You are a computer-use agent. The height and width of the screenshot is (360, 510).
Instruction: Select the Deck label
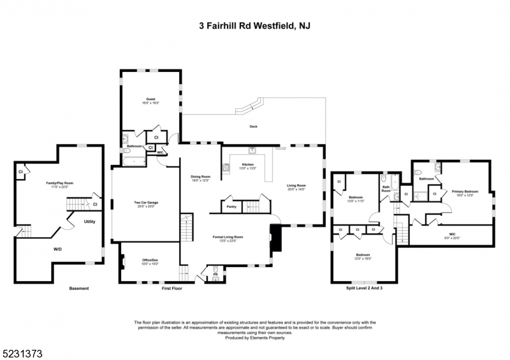[x=253, y=126]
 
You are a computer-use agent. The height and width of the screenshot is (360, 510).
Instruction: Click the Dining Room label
[x=201, y=178]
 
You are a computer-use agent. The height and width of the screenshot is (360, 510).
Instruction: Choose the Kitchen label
[x=247, y=166]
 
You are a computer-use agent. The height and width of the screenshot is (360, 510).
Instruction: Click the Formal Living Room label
[x=228, y=238]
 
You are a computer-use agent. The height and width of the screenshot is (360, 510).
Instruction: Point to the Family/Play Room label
[x=60, y=184]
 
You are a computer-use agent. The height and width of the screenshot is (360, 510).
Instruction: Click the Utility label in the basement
[x=89, y=222]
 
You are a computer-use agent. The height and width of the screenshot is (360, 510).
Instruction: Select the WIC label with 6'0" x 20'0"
[x=452, y=235]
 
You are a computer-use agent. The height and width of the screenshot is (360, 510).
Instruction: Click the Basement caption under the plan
[x=79, y=289]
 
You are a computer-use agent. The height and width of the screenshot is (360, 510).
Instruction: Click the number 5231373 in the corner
[x=23, y=351]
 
